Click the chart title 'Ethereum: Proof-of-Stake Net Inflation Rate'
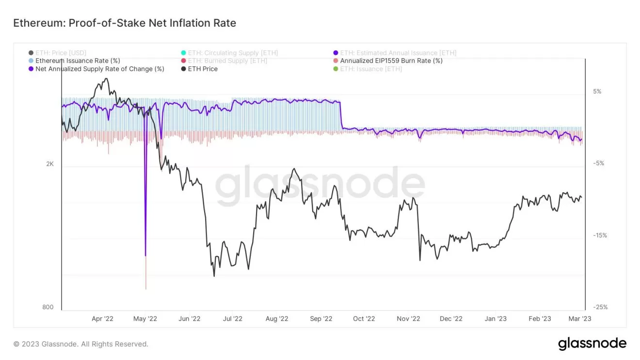[x=125, y=23]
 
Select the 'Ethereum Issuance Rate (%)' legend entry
[x=78, y=61]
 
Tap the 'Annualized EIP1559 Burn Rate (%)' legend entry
[x=391, y=61]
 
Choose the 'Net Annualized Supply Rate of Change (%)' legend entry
[x=99, y=69]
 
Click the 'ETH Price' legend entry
[x=203, y=69]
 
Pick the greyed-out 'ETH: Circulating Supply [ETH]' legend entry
[x=233, y=53]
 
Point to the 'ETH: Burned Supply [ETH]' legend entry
[x=227, y=61]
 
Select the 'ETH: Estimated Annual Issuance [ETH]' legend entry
[x=398, y=53]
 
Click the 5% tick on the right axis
[x=597, y=92]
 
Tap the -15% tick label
[x=600, y=235]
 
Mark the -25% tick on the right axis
[x=600, y=307]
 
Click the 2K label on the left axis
[x=50, y=164]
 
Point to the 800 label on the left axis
[x=48, y=307]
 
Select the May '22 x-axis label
[x=145, y=319]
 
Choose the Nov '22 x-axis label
[x=408, y=319]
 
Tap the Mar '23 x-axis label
[x=579, y=319]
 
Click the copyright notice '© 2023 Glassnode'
[x=81, y=344]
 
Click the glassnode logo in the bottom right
[x=592, y=344]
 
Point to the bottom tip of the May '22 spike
[x=146, y=289]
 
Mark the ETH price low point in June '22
[x=214, y=276]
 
